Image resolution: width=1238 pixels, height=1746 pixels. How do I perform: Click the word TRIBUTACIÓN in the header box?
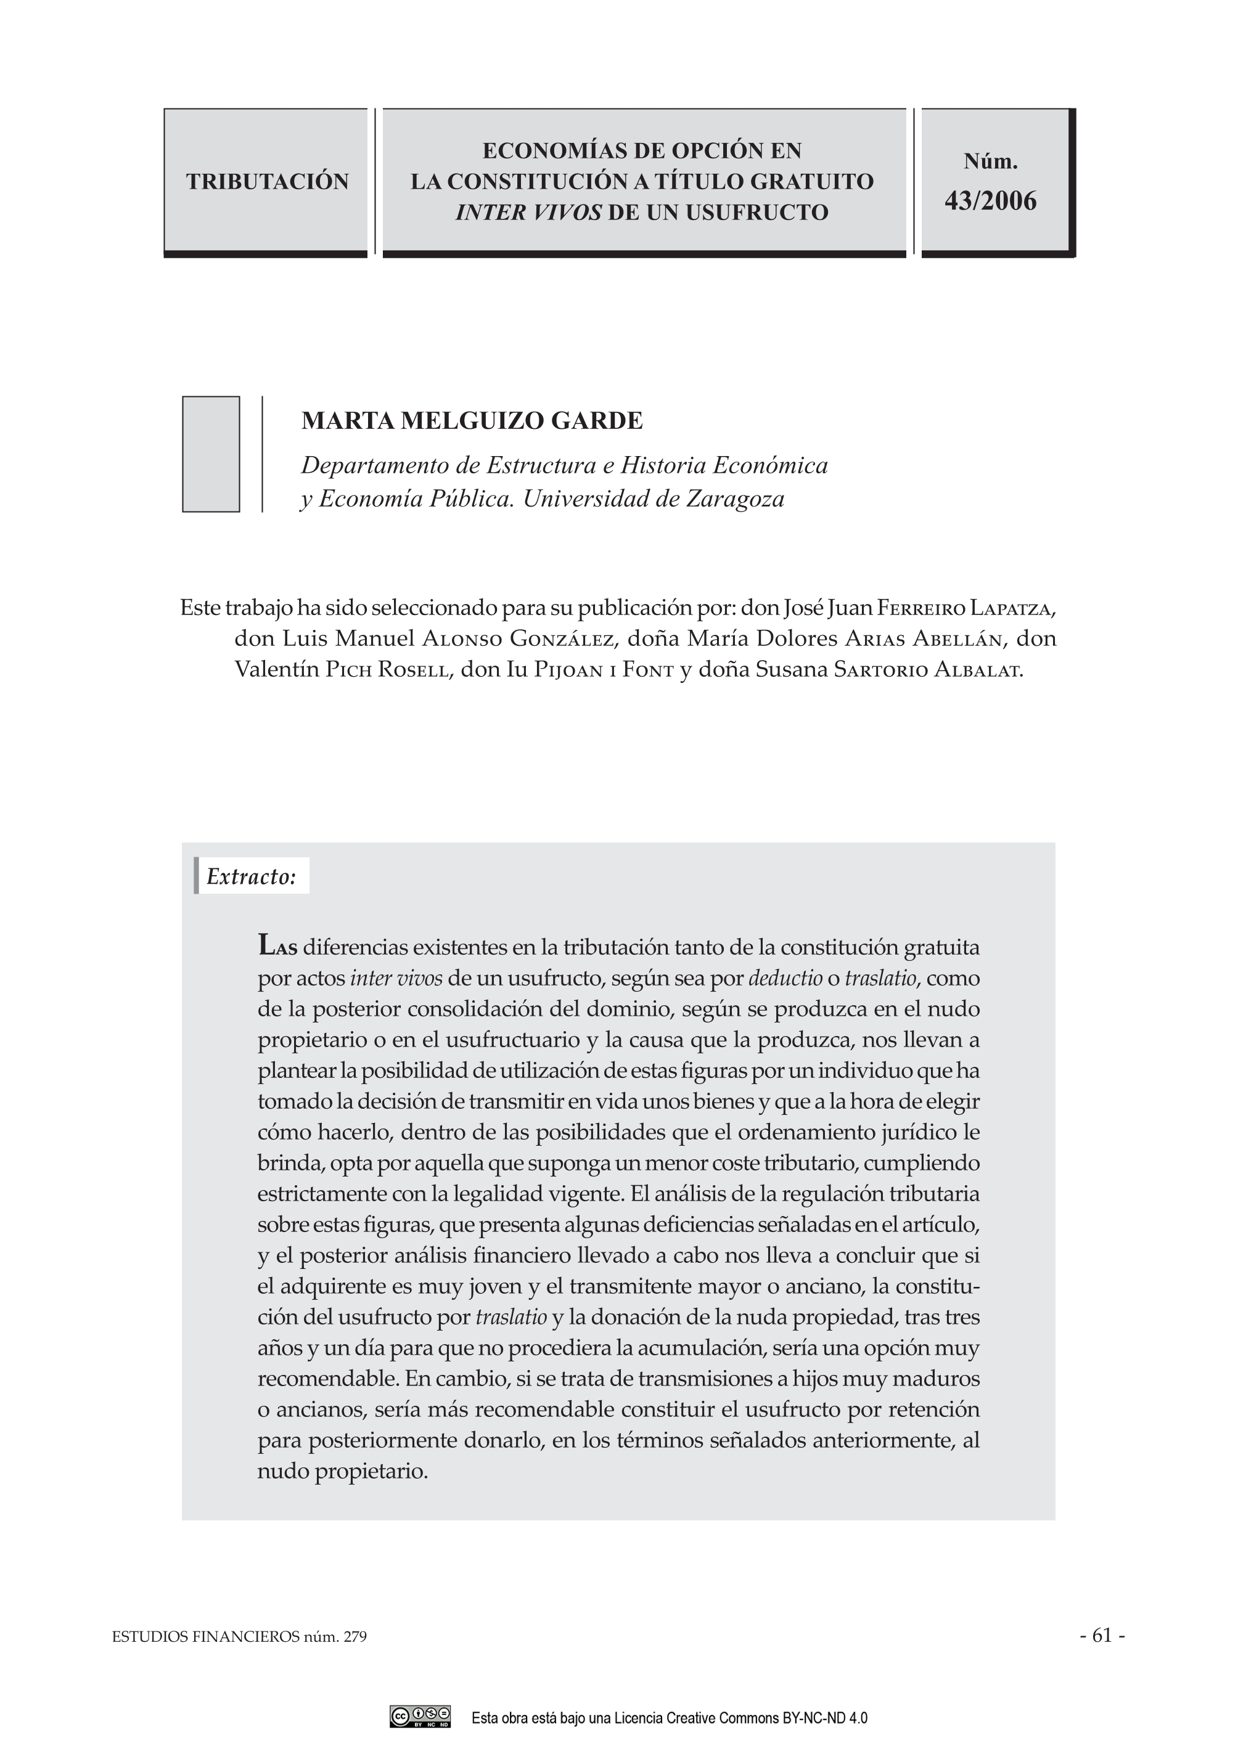[x=267, y=181]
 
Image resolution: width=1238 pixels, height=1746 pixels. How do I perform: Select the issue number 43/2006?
[x=990, y=200]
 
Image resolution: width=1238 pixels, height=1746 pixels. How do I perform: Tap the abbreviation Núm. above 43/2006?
[x=990, y=161]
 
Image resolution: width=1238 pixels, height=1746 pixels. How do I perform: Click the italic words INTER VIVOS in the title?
[x=528, y=213]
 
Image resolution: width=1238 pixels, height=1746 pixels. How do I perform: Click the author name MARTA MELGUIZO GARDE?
[x=472, y=421]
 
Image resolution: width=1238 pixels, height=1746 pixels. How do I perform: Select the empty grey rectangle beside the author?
[x=211, y=454]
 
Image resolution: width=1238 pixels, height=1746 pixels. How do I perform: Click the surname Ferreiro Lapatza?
[x=964, y=608]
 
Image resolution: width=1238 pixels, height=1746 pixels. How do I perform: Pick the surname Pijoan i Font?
[x=603, y=670]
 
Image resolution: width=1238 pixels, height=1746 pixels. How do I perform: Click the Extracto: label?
[x=251, y=876]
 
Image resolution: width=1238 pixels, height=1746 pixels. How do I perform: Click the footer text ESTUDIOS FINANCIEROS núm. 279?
[x=239, y=1637]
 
